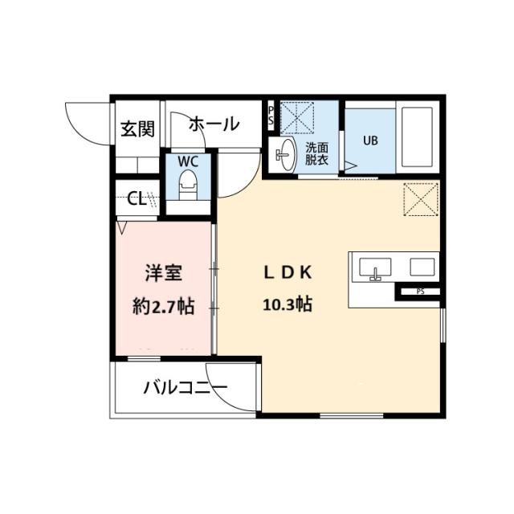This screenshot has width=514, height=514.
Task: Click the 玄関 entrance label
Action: click(x=137, y=128)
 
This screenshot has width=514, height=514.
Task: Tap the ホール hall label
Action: click(x=214, y=124)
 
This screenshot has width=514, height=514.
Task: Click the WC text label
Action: click(x=188, y=161)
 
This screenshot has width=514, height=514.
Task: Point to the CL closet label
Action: click(x=137, y=198)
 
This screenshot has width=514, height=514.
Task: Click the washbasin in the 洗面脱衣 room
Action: click(x=285, y=154)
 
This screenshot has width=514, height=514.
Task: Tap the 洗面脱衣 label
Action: click(x=317, y=154)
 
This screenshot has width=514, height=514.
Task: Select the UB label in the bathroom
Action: click(x=370, y=141)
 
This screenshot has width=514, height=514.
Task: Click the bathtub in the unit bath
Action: click(x=418, y=137)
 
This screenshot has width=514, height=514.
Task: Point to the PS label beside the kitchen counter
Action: click(x=421, y=292)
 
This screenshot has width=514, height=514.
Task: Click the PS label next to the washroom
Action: click(x=271, y=116)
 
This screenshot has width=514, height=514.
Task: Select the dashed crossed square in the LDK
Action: click(x=421, y=200)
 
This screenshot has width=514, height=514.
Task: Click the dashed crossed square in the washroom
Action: click(x=297, y=118)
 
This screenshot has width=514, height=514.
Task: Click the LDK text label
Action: click(x=288, y=272)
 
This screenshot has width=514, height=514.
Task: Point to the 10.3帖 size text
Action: click(x=288, y=305)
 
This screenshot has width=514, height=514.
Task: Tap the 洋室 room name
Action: click(x=164, y=273)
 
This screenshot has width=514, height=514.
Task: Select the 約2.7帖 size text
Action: click(x=164, y=307)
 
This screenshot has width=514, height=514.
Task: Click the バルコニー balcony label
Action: click(x=186, y=388)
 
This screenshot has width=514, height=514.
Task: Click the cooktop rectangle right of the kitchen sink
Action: click(x=422, y=267)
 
